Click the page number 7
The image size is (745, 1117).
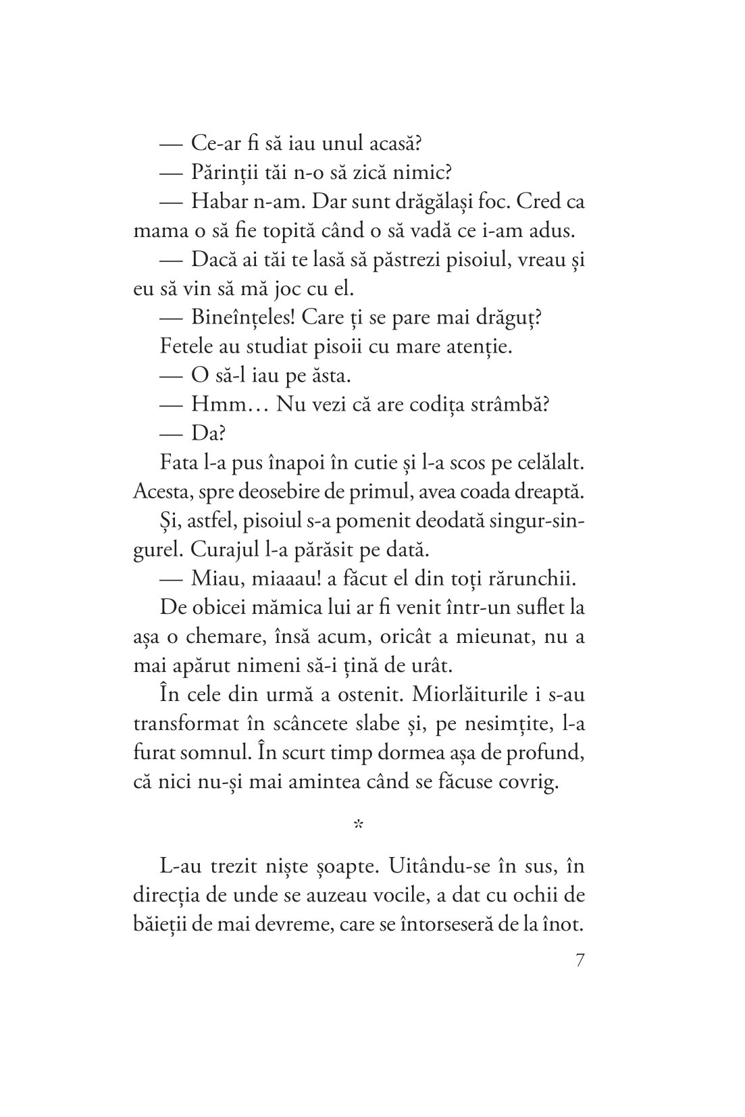(x=580, y=961)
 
